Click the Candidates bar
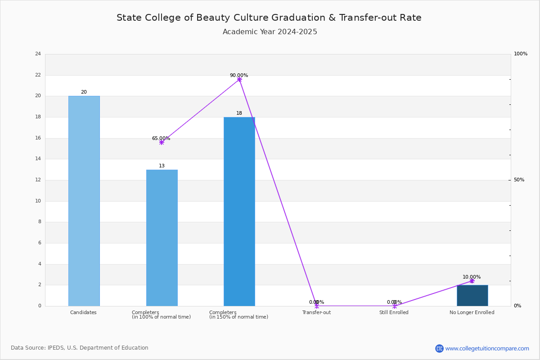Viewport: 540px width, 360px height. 84,201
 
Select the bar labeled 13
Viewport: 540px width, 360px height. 162,238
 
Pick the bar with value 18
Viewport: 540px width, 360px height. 239,211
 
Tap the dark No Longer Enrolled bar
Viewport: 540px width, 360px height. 472,295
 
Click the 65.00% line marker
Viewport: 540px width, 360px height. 162,143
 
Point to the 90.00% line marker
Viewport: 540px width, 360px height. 239,80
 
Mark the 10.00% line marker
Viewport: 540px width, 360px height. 472,281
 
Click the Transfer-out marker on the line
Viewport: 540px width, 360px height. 317,306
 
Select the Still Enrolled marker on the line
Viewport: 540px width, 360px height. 395,306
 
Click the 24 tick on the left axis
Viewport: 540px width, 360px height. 38,54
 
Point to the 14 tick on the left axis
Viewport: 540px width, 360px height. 38,159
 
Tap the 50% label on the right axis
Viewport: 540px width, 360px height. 519,180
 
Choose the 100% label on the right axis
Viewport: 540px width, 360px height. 521,54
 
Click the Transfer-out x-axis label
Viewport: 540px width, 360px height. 316,312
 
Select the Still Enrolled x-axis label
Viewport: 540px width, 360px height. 394,312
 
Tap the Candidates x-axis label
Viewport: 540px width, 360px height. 83,312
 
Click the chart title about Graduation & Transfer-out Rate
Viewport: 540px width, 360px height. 269,18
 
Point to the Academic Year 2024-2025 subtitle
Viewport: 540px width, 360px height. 270,32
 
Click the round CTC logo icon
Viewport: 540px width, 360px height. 439,348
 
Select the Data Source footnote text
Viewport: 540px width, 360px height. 80,348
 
